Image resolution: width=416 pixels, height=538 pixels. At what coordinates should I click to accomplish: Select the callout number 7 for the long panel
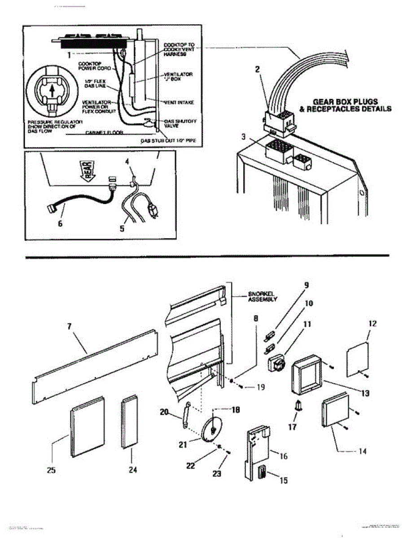pos(70,326)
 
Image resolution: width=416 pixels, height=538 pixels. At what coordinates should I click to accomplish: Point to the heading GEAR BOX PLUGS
pos(351,102)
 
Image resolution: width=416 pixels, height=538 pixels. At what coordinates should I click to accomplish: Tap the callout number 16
pos(284,456)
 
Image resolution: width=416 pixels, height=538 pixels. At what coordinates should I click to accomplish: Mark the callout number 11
pos(308,324)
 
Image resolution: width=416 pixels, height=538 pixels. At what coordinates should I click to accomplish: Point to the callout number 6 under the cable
pos(60,223)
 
